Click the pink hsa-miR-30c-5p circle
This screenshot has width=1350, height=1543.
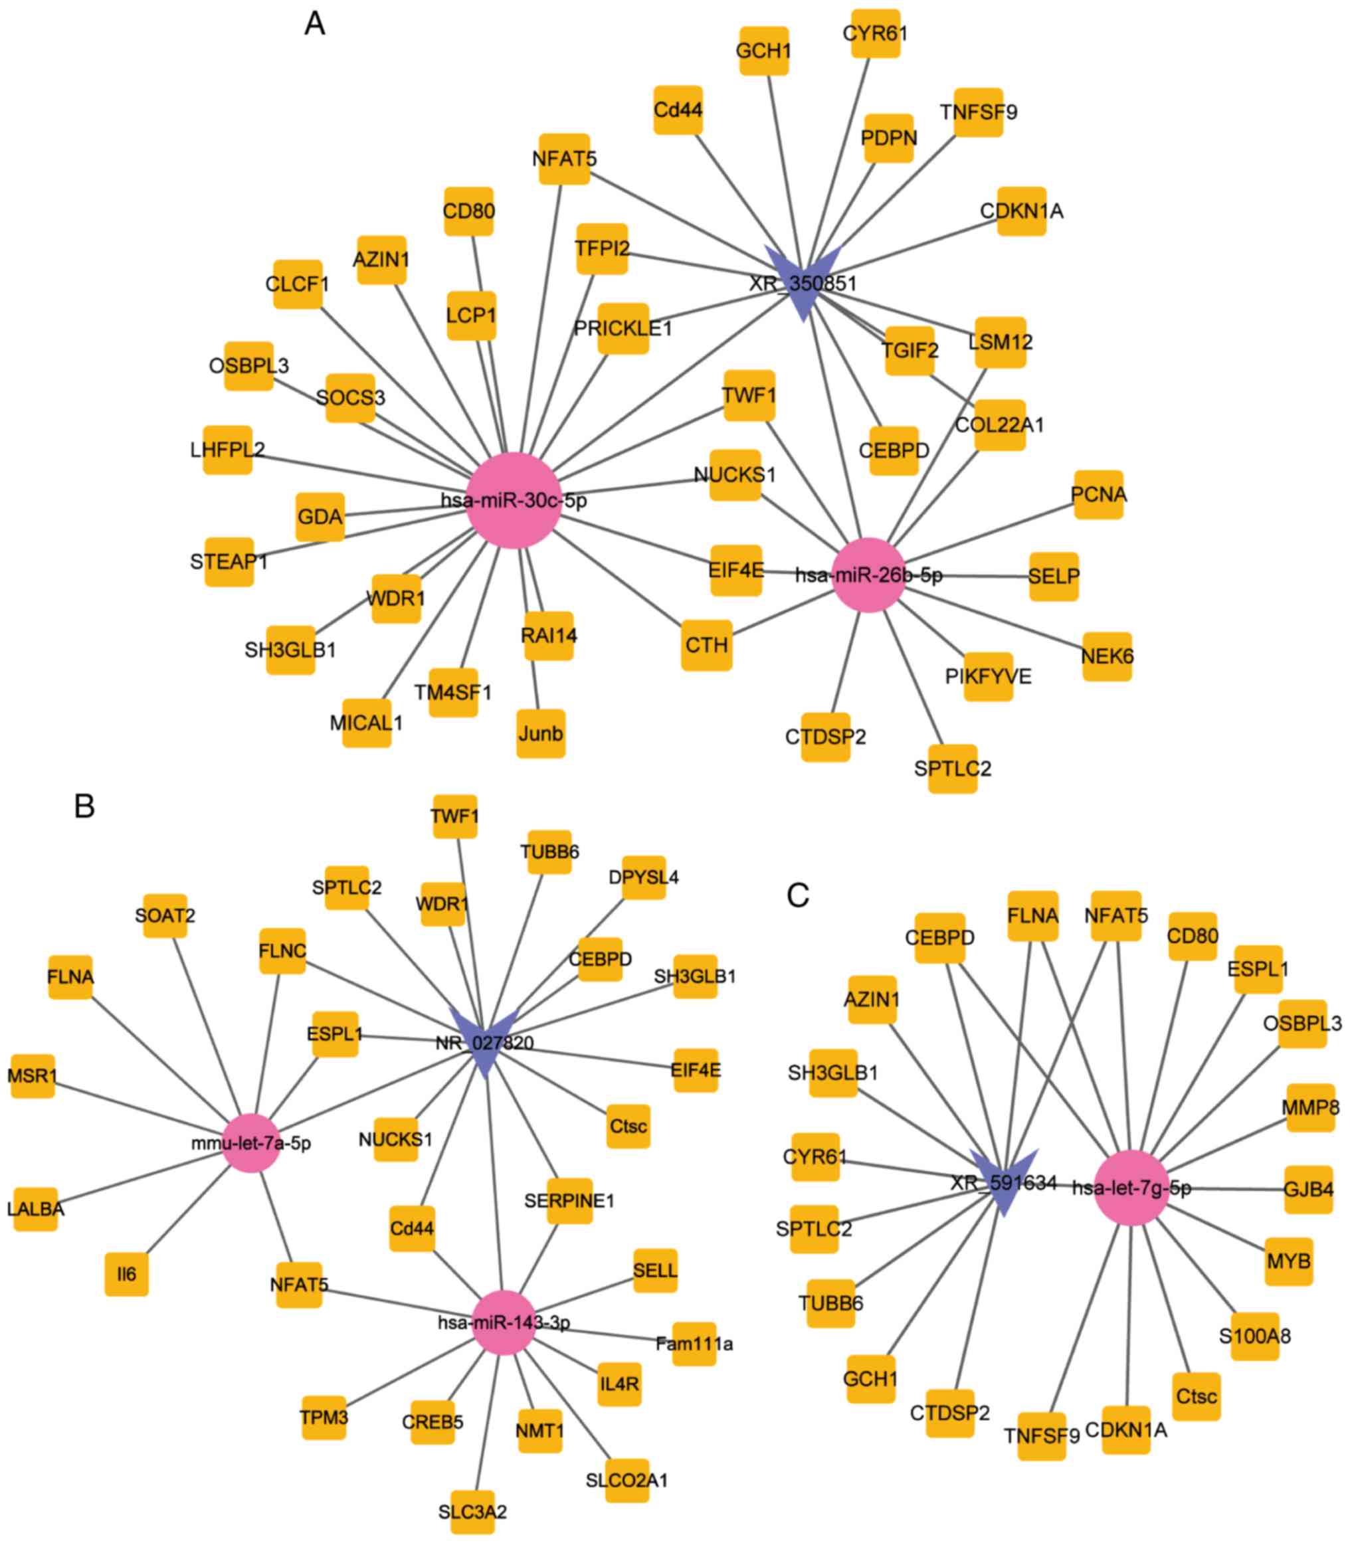[x=514, y=501]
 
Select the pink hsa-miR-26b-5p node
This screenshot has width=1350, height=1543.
[x=868, y=575]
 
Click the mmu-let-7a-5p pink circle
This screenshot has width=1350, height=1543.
[x=252, y=1142]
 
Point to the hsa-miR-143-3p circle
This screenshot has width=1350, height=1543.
[x=504, y=1322]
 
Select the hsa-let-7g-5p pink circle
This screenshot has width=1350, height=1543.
[x=1131, y=1188]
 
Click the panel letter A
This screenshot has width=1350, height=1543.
[x=314, y=25]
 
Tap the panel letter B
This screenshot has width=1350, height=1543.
[x=84, y=806]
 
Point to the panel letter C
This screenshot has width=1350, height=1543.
[x=798, y=895]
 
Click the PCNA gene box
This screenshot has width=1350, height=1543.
[x=1098, y=495]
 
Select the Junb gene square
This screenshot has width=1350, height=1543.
[x=541, y=733]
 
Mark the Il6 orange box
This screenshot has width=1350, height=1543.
[x=126, y=1273]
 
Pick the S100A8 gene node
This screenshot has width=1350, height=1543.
[x=1255, y=1335]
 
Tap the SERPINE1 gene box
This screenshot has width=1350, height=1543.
[x=569, y=1200]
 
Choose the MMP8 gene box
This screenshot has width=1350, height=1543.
[x=1311, y=1107]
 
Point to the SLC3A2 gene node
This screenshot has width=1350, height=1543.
[x=473, y=1511]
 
